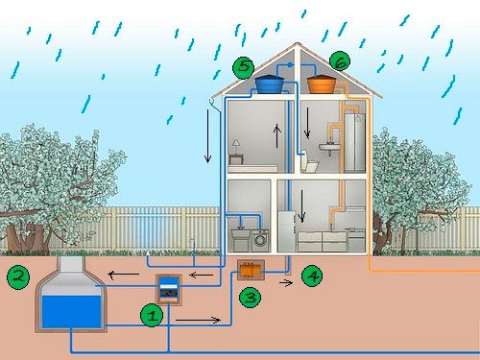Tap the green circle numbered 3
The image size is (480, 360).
250,298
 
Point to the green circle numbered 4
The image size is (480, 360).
312,276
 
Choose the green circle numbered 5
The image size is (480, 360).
244,67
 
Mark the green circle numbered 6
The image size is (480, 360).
339,60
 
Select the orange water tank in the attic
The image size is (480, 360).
322,84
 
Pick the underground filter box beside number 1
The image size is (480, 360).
169,288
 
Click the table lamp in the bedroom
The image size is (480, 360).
233,144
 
